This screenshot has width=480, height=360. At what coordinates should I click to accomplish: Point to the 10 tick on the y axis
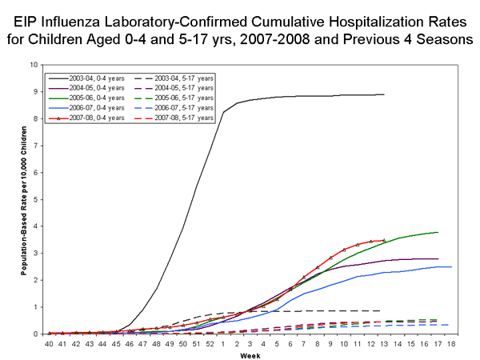[32, 65]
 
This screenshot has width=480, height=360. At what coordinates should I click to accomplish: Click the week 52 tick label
[210, 343]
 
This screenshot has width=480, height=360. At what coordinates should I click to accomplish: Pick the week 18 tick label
[452, 343]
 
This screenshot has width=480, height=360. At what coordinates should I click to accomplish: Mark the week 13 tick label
[385, 343]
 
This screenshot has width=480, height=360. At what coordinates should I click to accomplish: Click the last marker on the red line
[385, 240]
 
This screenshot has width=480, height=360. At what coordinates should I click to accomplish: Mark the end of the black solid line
[385, 94]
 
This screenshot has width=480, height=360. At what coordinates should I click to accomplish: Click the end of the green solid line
[438, 232]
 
